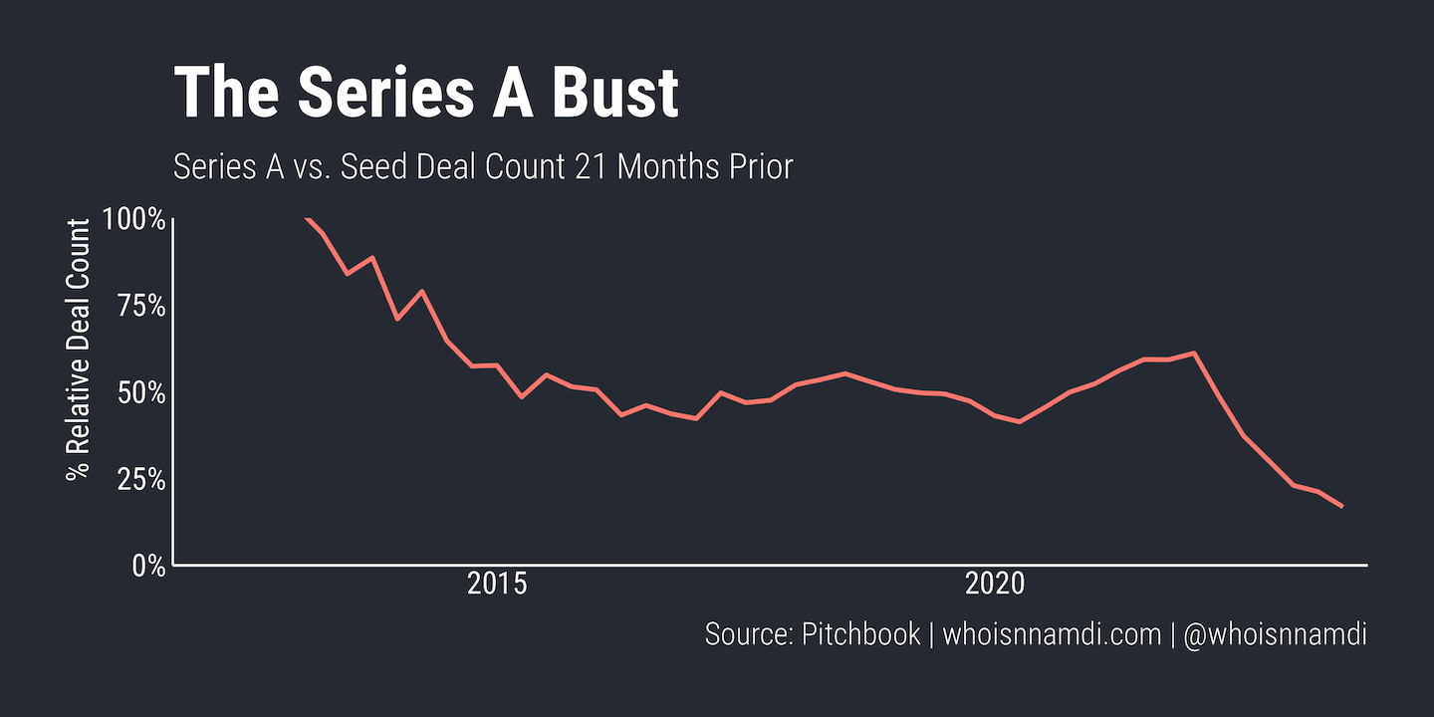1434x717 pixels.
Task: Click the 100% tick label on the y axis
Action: click(133, 219)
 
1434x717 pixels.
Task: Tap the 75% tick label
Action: click(139, 306)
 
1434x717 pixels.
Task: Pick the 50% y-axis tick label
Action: click(138, 392)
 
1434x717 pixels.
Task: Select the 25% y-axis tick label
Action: click(138, 479)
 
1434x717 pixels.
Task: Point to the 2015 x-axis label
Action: click(496, 585)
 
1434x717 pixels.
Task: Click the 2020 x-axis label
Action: click(995, 585)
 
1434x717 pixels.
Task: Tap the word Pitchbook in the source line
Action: click(860, 634)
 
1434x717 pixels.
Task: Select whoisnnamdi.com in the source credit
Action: click(1052, 634)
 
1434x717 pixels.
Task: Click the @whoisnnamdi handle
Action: click(1275, 634)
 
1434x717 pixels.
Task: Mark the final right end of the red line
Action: click(1342, 507)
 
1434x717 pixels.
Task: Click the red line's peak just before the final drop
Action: click(1193, 353)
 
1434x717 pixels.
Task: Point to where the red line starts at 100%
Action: click(306, 218)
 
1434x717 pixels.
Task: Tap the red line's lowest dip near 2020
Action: click(1019, 422)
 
